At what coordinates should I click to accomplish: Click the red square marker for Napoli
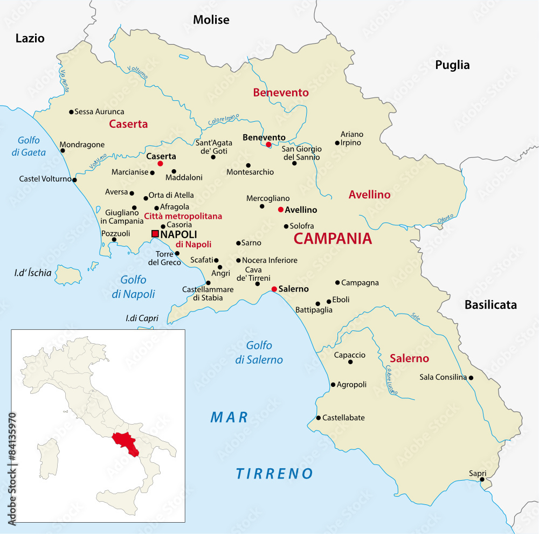155,234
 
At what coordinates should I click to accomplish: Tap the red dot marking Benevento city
268,144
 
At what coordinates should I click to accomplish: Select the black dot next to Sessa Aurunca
71,112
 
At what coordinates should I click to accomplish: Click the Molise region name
211,20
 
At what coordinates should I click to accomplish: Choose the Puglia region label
452,65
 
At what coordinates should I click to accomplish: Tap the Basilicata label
490,305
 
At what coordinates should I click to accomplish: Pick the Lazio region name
30,38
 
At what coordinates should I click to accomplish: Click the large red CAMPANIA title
333,239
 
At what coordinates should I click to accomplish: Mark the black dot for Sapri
482,479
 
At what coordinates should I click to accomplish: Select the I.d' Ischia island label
33,273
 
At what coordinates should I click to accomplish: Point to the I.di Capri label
142,318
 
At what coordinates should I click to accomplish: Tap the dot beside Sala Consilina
471,378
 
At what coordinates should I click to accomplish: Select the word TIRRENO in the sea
274,474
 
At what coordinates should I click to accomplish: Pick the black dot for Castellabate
319,418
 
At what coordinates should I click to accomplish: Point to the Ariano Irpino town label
352,138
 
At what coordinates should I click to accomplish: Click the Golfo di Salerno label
259,352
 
